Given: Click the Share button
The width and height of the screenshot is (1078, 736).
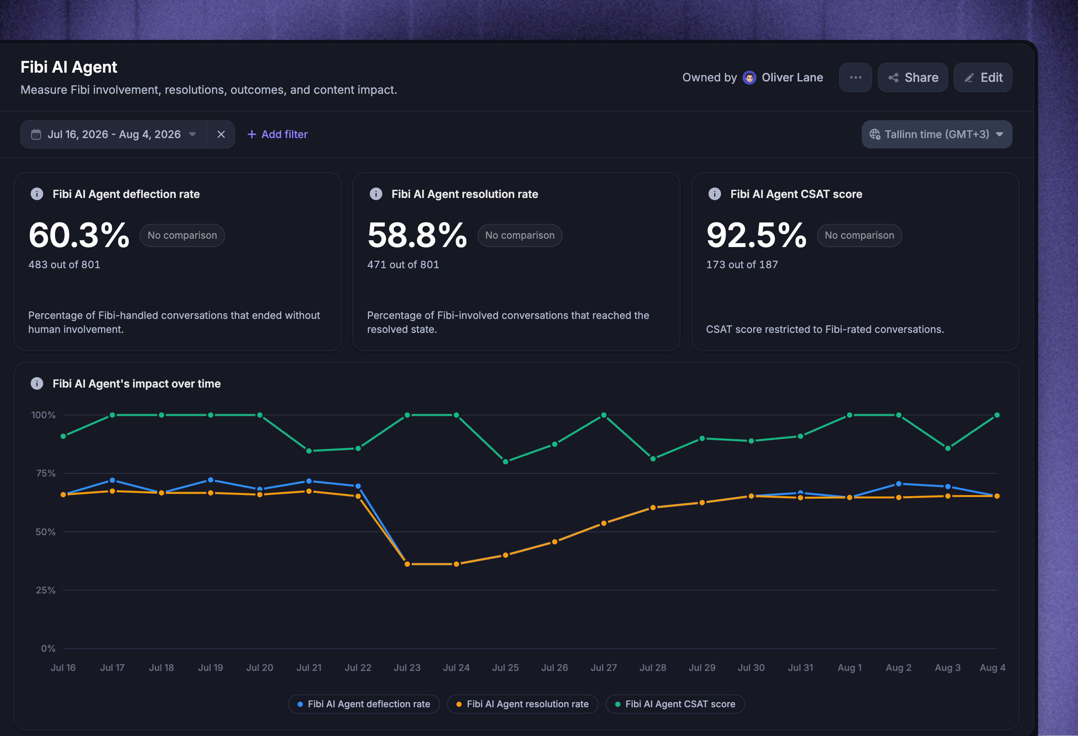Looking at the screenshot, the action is click(x=912, y=77).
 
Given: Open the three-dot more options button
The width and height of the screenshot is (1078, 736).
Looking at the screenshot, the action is click(x=855, y=77).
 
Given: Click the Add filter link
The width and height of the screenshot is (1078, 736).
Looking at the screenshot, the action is click(x=277, y=135).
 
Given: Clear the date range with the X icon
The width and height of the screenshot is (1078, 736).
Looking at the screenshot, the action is click(x=221, y=135).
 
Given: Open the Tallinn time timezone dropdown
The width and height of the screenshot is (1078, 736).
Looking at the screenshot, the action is click(x=936, y=135).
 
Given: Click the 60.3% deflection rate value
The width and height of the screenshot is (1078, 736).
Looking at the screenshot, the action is click(x=79, y=235).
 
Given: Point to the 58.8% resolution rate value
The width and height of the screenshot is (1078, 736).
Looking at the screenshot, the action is click(x=417, y=235).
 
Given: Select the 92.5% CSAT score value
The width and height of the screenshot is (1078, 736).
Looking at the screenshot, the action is click(x=756, y=235).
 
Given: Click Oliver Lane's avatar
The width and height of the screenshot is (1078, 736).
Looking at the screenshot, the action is click(x=749, y=77).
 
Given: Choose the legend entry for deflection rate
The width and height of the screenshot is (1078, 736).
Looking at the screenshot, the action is click(x=364, y=704).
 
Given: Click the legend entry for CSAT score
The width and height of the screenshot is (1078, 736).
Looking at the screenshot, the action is click(x=675, y=704).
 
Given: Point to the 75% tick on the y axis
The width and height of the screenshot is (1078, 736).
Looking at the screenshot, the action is click(x=45, y=473).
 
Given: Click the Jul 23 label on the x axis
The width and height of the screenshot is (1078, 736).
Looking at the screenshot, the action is click(x=407, y=668).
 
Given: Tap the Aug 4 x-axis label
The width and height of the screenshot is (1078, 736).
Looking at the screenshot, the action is click(x=992, y=668).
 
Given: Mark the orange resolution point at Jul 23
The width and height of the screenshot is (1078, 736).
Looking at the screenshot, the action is click(x=407, y=564).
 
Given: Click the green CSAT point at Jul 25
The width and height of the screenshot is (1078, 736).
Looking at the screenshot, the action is click(x=505, y=462).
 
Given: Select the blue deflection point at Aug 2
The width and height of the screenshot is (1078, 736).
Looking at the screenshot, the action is click(x=898, y=484).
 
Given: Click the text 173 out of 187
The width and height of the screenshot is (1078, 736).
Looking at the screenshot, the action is click(x=742, y=265).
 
